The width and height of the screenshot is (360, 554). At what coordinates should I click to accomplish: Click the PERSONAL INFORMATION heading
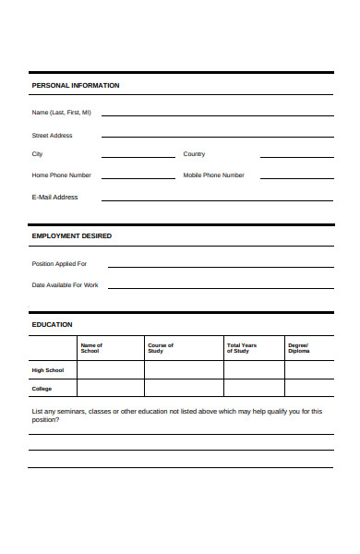tap(76, 86)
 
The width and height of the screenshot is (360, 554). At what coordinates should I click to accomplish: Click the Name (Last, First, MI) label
tap(62, 113)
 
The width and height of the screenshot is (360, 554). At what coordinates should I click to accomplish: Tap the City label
tap(38, 154)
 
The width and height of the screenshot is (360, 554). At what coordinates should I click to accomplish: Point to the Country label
tap(194, 154)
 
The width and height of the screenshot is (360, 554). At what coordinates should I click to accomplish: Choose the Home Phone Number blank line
tap(138, 176)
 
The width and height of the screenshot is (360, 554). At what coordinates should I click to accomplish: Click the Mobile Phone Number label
tap(214, 175)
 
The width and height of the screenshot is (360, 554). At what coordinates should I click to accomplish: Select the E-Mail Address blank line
tap(217, 199)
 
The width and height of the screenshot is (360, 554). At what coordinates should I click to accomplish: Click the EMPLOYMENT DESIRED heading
tap(72, 235)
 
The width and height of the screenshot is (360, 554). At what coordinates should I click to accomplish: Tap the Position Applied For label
tap(59, 264)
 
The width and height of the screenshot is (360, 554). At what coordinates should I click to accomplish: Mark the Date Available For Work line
tap(221, 287)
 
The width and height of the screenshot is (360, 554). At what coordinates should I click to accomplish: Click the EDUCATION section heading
tap(53, 324)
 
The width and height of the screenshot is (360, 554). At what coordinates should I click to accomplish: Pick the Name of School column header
tap(91, 348)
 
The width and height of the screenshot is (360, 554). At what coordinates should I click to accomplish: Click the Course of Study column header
tap(161, 348)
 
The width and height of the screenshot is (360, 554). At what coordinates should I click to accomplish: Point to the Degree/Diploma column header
tap(299, 348)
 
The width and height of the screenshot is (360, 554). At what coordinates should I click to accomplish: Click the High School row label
tap(48, 370)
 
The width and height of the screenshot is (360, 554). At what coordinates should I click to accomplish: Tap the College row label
tap(42, 389)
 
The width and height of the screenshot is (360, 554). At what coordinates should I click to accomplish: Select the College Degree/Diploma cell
tap(309, 389)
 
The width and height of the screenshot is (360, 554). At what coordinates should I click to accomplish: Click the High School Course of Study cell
tap(184, 370)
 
